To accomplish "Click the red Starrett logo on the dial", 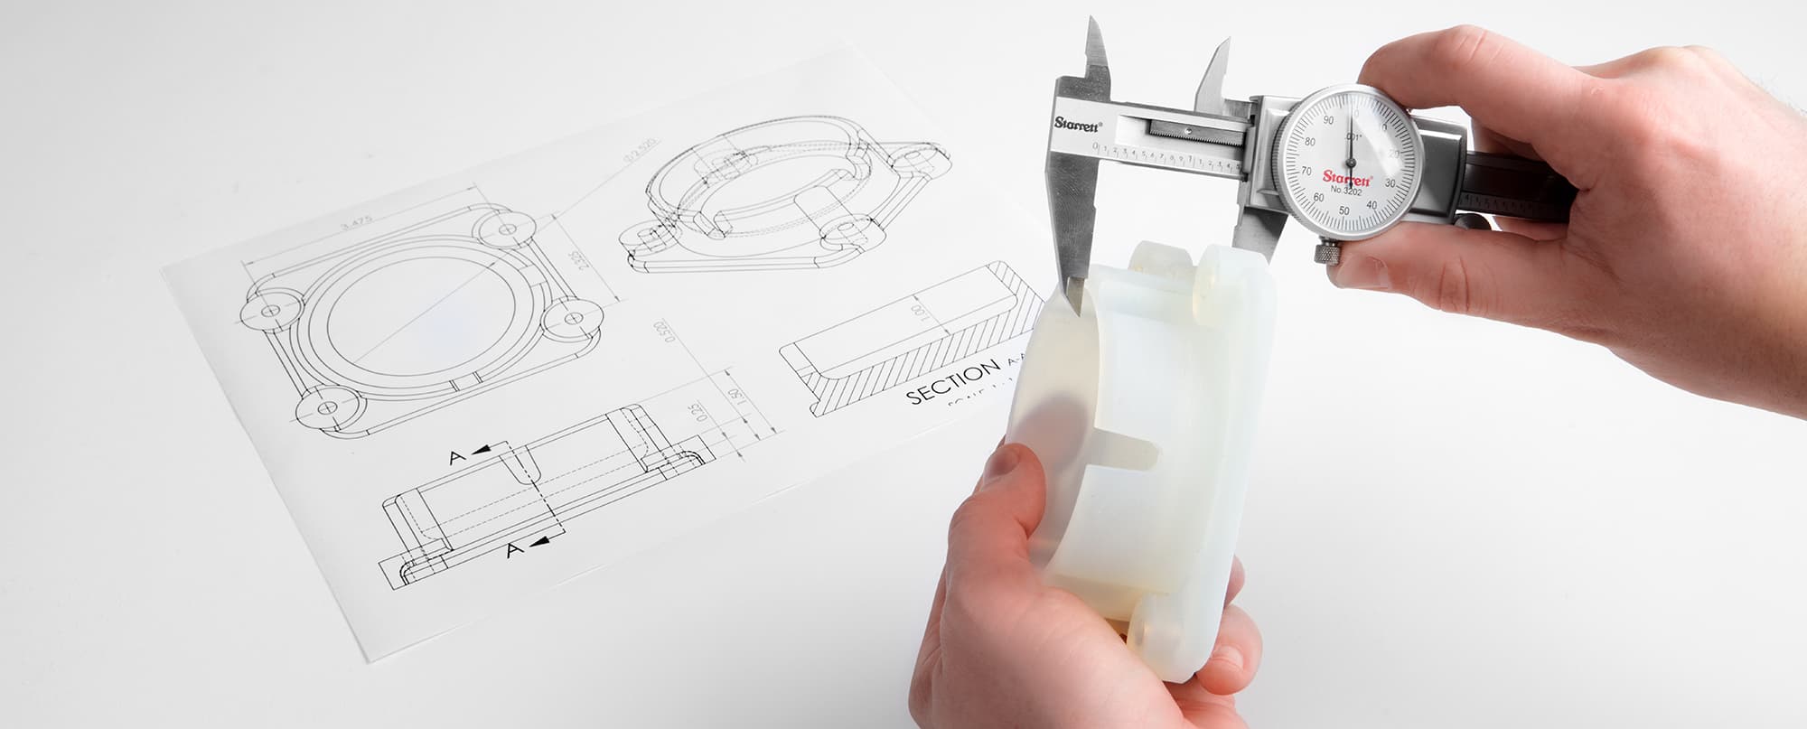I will click(x=1347, y=177).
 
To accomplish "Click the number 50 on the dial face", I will click(x=1344, y=210).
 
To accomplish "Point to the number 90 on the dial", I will click(x=1327, y=120).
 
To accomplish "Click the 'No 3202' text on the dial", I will click(x=1345, y=190).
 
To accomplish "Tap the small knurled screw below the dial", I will click(x=1326, y=252).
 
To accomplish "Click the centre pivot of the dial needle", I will click(x=1352, y=163).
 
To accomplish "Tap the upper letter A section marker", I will click(x=458, y=457).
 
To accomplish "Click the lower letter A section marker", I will click(x=514, y=549).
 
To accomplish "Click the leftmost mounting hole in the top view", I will click(x=269, y=311).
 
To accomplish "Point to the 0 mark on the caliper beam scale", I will click(x=1096, y=145).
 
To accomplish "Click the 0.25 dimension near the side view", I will click(x=695, y=414).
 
